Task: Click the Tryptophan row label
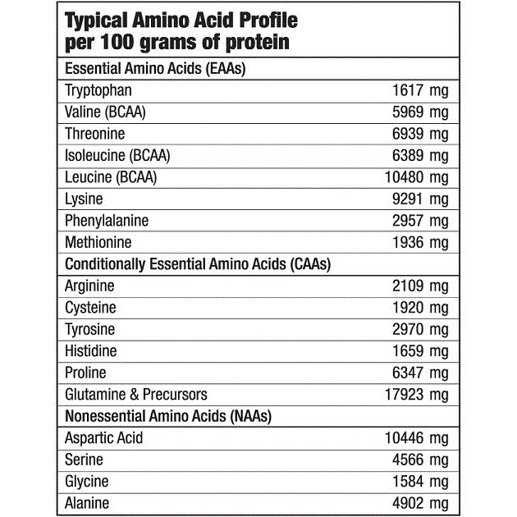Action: coord(98,91)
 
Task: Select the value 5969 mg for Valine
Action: coord(421,112)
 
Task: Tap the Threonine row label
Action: coord(94,134)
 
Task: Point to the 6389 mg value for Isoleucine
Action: coord(421,156)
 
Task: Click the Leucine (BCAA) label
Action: coord(110,177)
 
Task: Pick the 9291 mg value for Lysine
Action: coord(421,199)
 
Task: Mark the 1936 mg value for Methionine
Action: coord(421,243)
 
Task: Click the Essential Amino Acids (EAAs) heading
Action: coord(155,69)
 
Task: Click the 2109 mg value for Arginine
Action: coord(421,286)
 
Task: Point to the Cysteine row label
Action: coord(90,308)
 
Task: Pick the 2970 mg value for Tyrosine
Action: coord(421,330)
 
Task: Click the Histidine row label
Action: coord(90,351)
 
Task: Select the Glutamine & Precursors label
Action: coord(135,395)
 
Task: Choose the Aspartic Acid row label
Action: coord(103,438)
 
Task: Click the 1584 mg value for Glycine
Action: coord(421,482)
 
